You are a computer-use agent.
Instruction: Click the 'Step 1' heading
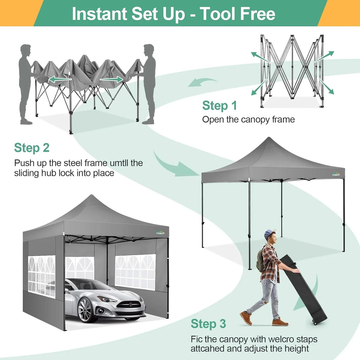tap(219, 105)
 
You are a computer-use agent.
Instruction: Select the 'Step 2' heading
tap(32, 148)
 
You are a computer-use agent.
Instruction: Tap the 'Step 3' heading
tap(208, 324)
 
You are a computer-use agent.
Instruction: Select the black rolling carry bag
tap(303, 288)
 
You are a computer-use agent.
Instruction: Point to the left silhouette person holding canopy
tap(25, 84)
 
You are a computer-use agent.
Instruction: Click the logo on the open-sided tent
tap(336, 174)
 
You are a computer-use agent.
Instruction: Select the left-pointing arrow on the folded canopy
tap(57, 80)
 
